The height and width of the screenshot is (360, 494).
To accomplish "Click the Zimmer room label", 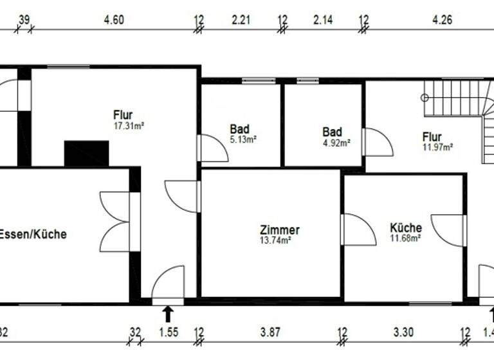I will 279,230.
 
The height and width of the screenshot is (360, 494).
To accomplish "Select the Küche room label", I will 406,228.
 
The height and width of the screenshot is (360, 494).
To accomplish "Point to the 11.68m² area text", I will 405,238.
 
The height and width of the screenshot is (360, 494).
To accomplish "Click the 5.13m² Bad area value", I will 243,139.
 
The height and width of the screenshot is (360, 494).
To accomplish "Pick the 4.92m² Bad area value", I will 336,143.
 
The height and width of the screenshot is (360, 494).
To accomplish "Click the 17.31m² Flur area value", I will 128,126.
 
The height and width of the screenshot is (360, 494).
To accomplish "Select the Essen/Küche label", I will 33,235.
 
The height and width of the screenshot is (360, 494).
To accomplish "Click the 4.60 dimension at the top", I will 114,20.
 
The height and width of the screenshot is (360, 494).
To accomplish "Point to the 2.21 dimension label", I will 241,20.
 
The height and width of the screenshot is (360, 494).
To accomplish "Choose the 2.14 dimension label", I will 322,20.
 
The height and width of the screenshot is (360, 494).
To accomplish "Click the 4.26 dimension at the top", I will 442,20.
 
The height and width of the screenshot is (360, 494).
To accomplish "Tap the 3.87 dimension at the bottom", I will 270,332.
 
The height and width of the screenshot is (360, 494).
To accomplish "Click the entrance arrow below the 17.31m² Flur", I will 168,314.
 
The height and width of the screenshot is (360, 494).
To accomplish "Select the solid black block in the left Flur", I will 86,154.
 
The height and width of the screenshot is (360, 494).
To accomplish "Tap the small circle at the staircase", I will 425,98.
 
